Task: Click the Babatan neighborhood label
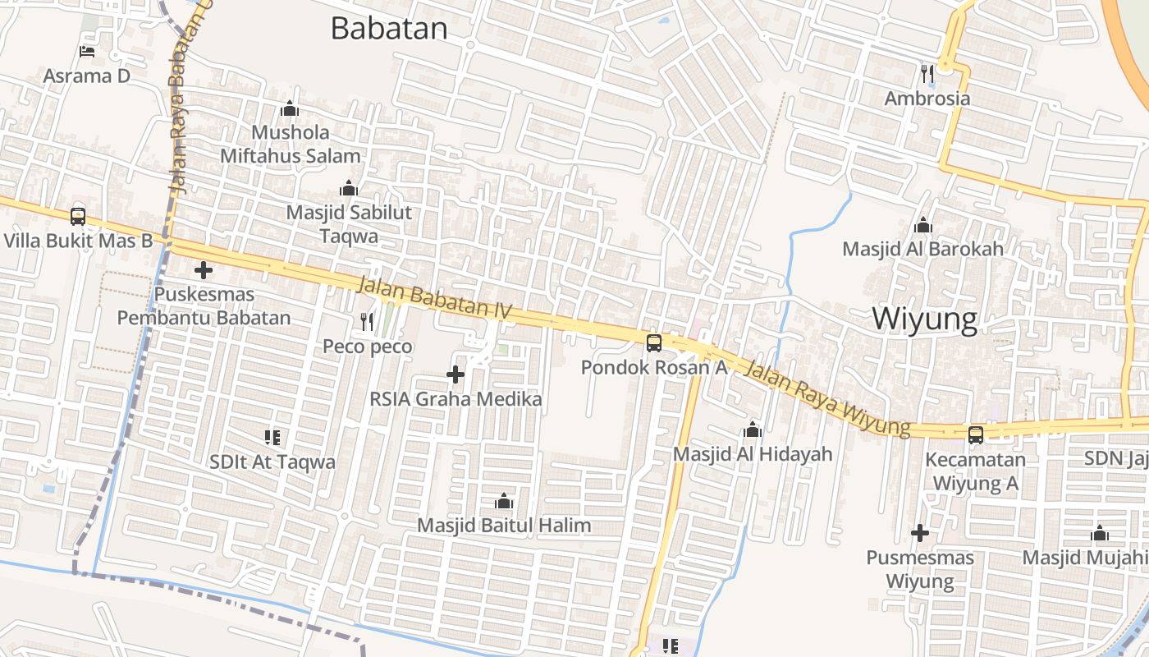point(389,28)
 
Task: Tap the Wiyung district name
point(924,319)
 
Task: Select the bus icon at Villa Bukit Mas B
point(78,216)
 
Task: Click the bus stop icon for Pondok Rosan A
point(654,342)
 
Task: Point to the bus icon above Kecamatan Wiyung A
point(976,434)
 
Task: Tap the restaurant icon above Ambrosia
point(928,74)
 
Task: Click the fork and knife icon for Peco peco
point(367,322)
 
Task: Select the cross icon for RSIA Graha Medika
point(455,374)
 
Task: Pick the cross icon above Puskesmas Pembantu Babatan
point(204,269)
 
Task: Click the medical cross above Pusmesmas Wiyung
point(920,533)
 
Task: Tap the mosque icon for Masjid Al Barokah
point(923,225)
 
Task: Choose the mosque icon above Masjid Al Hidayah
point(753,430)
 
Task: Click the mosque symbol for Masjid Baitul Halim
point(504,500)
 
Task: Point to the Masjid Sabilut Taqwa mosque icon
point(349,188)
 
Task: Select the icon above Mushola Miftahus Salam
point(290,108)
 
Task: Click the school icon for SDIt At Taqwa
point(272,437)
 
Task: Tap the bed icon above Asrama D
point(87,52)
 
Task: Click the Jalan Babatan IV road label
point(435,299)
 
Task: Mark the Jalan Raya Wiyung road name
point(826,399)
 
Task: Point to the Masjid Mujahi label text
point(1084,558)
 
